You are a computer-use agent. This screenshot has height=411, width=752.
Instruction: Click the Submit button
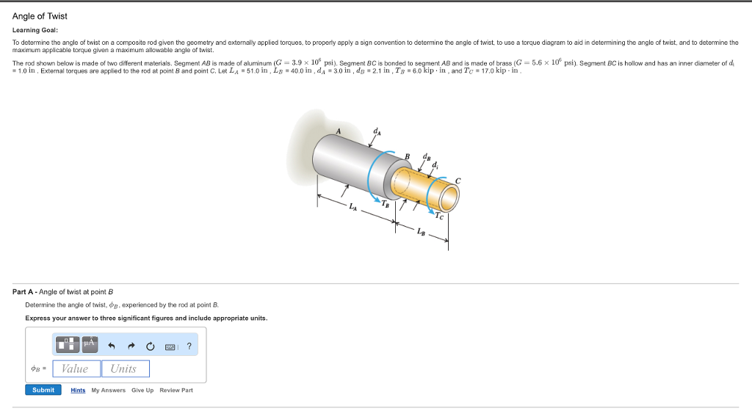43,390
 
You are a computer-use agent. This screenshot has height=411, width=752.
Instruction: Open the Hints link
78,390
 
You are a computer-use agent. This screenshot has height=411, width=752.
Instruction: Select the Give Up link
142,390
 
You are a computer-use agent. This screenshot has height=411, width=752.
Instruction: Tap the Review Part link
176,390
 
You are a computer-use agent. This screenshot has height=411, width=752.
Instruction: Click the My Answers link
109,390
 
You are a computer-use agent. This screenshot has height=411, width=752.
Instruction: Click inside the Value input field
76,368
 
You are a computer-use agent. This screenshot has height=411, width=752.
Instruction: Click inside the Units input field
125,368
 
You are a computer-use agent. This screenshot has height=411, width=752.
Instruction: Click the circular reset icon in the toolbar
151,346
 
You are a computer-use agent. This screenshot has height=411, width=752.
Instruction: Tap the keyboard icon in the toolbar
170,346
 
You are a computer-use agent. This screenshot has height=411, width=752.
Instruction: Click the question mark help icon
189,346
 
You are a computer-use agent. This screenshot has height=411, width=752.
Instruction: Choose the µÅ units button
90,344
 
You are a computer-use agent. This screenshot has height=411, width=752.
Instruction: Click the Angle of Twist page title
40,16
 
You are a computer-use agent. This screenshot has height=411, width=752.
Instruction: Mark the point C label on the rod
458,180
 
